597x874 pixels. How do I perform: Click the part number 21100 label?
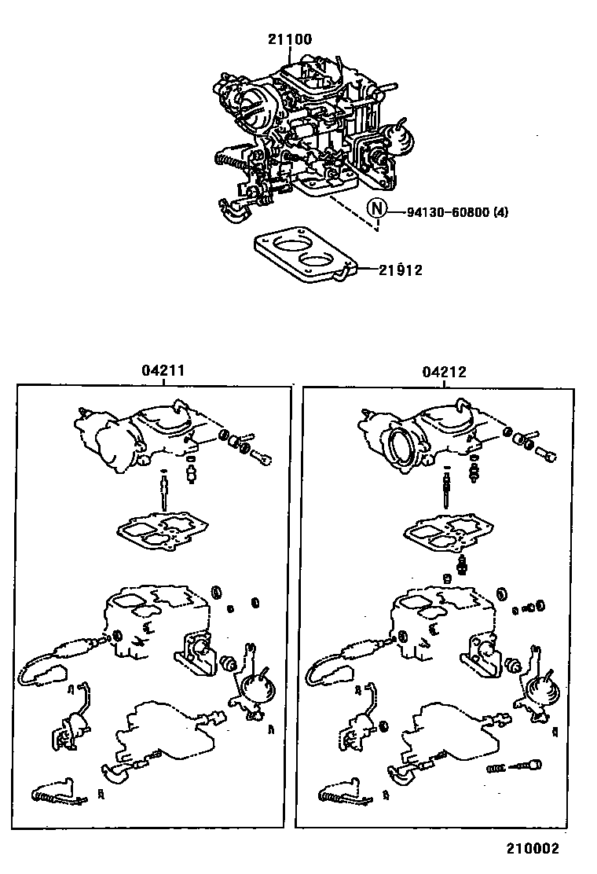pos(290,39)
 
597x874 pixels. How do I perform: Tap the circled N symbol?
pos(377,209)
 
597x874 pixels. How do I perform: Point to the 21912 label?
pos(401,270)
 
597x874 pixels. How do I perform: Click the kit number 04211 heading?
pos(163,370)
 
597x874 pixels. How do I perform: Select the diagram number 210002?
pos(533,849)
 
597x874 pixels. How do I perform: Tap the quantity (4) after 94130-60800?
pos(500,212)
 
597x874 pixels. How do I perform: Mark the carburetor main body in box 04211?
pos(156,619)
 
